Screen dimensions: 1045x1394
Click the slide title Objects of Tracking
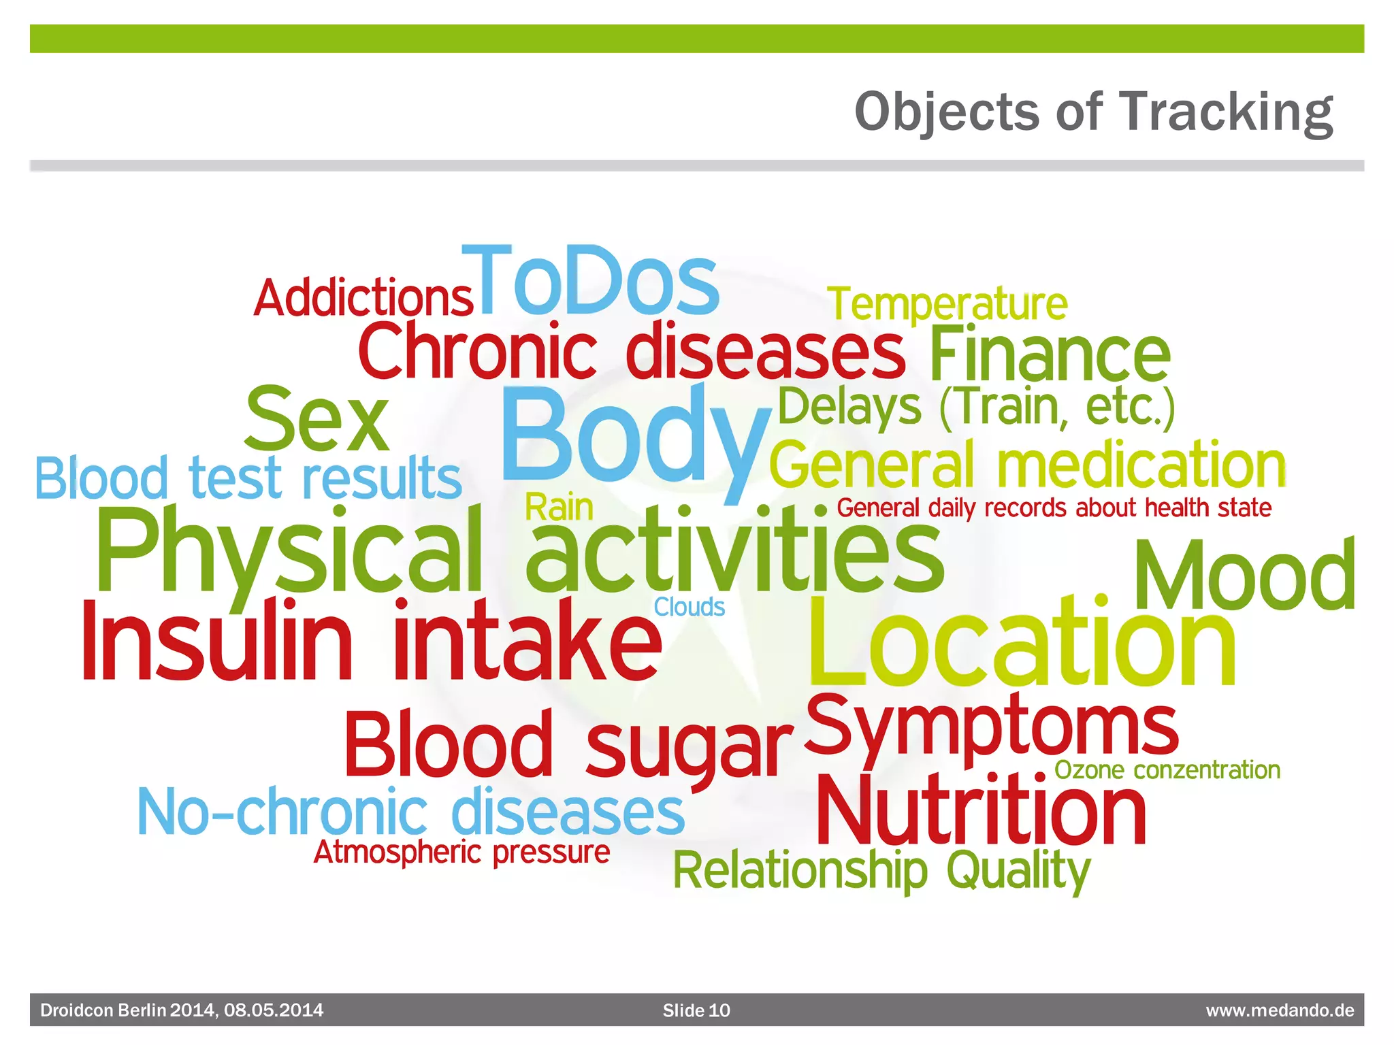tap(1093, 112)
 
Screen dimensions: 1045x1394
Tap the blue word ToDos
tap(591, 282)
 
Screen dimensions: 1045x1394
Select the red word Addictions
tap(363, 298)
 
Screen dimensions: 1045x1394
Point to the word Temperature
tap(947, 304)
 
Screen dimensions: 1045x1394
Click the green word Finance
tap(1050, 355)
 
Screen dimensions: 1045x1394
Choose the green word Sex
tap(317, 420)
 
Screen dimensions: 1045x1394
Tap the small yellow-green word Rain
tap(559, 508)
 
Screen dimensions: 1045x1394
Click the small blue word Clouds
tap(690, 607)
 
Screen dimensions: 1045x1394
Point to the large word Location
tap(1021, 643)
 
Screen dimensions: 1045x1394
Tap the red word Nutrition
tap(981, 811)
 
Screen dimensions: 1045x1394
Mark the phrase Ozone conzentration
tap(1167, 770)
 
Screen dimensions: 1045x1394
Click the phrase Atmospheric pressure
tap(461, 852)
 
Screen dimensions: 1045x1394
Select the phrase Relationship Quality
tap(881, 871)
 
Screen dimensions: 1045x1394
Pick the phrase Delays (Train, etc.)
tap(976, 407)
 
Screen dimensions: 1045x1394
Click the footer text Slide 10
tap(696, 1010)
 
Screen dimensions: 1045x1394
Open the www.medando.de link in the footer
tap(1280, 1010)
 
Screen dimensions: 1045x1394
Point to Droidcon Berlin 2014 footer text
tap(182, 1010)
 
